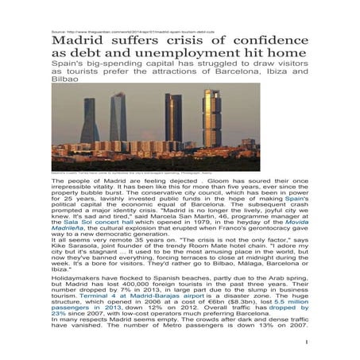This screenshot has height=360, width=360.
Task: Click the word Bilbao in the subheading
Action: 65,81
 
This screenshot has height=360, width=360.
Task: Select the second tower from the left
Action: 118,118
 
